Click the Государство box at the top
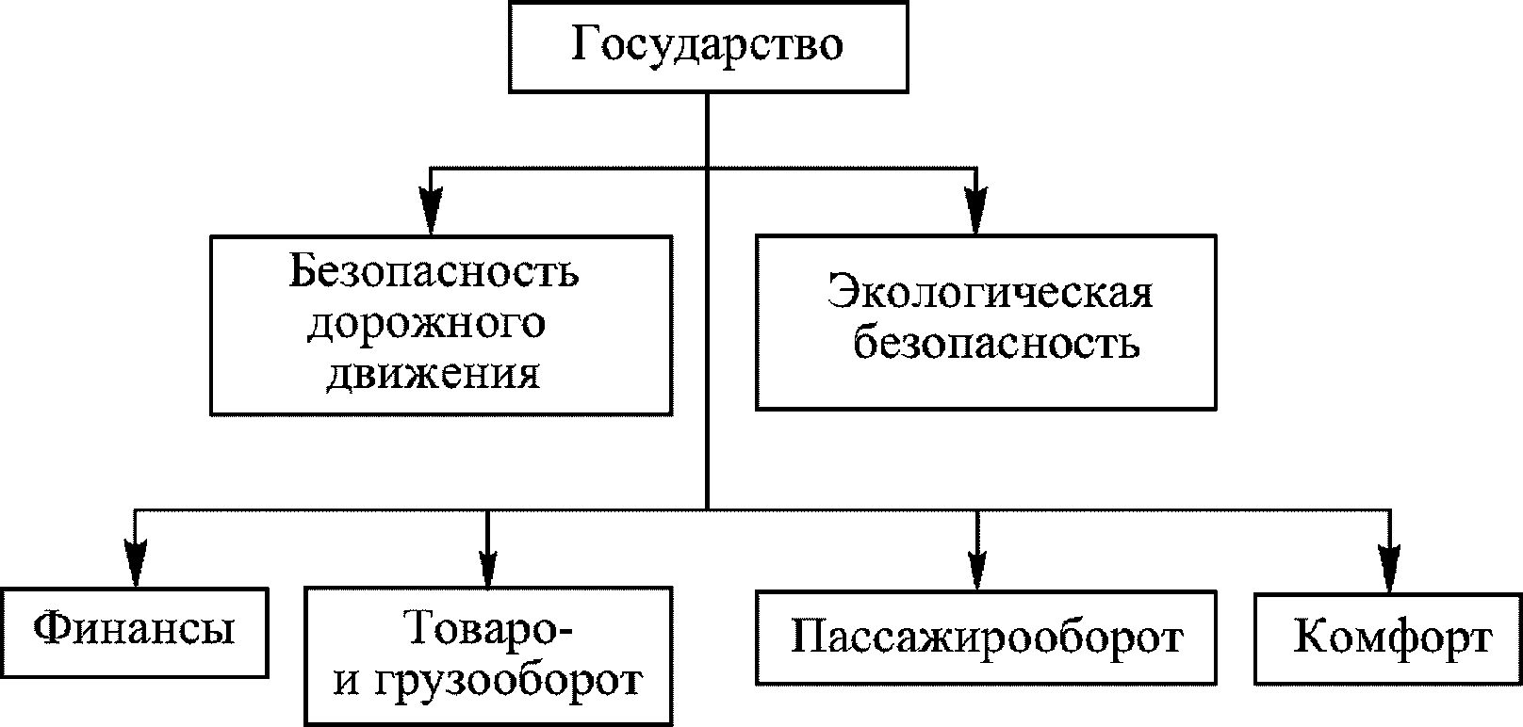pos(709,47)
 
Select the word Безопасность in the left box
pos(434,272)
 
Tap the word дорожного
pos(426,325)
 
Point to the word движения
pos(434,375)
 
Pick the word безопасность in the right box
pos(996,344)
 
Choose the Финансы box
pos(135,632)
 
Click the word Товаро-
pos(488,628)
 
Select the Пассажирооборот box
pos(986,637)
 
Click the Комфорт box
pos(1387,638)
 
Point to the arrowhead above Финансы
pos(136,562)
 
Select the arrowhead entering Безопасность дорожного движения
pos(431,211)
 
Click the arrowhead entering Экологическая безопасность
pos(976,210)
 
